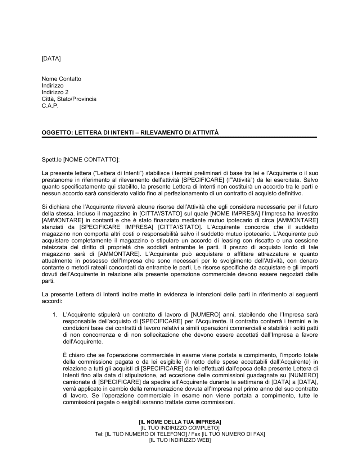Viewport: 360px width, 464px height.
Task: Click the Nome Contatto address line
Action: point(61,79)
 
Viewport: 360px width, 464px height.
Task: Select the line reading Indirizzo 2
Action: point(55,92)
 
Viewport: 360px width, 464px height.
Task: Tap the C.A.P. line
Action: point(50,106)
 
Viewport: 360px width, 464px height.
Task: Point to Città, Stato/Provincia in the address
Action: point(69,99)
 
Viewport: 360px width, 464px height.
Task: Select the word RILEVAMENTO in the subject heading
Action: point(162,133)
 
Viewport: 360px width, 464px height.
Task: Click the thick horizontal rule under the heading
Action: point(179,137)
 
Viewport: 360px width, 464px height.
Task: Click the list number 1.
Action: point(54,314)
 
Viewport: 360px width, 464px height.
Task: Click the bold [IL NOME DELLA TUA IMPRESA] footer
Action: point(180,422)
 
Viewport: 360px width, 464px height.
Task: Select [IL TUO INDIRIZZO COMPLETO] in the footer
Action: point(180,428)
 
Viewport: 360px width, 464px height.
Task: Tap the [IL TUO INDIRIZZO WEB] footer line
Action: point(180,440)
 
